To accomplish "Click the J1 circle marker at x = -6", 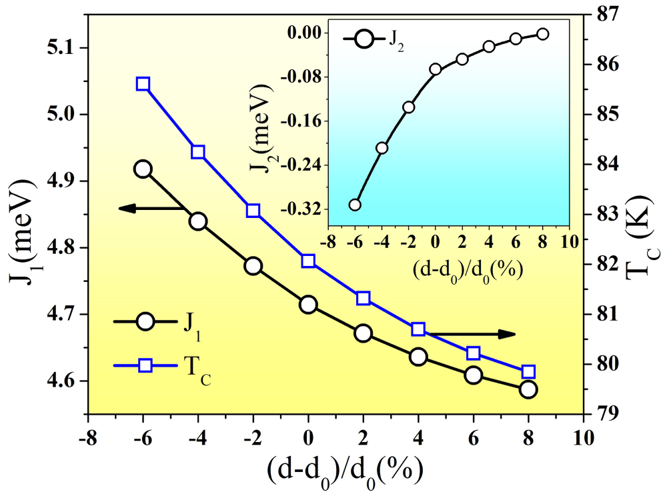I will pyautogui.click(x=143, y=169).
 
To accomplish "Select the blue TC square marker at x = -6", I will pyautogui.click(x=143, y=84).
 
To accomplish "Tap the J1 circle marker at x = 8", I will pyautogui.click(x=528, y=389).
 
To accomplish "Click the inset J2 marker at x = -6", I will pyautogui.click(x=355, y=205).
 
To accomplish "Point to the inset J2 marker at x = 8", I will pyautogui.click(x=542, y=34).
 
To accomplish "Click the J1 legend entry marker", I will pyautogui.click(x=145, y=321).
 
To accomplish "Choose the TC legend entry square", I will pyautogui.click(x=145, y=365).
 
